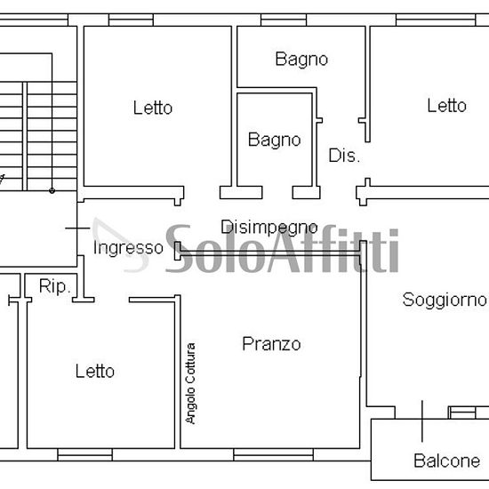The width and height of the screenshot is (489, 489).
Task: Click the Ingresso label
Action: click(x=128, y=248)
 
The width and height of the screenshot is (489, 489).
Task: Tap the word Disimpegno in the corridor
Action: click(x=269, y=228)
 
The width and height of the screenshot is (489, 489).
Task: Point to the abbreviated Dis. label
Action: click(x=344, y=156)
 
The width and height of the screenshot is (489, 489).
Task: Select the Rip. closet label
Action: click(x=52, y=286)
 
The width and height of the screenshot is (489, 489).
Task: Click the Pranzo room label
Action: click(x=271, y=344)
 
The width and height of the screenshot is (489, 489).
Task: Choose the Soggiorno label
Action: click(x=445, y=300)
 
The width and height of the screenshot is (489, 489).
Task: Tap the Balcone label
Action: click(x=446, y=461)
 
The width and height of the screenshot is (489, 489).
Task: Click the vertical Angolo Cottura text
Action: click(x=190, y=383)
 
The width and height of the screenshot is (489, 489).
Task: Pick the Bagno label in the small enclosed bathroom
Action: click(x=274, y=140)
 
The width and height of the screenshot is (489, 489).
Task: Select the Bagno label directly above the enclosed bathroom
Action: click(x=301, y=60)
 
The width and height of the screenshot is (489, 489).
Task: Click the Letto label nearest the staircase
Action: click(x=153, y=108)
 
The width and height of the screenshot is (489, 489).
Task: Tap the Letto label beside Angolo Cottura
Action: click(x=94, y=371)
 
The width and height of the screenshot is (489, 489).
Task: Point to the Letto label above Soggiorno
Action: click(x=446, y=106)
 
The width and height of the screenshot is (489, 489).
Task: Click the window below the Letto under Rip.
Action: click(x=84, y=453)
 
